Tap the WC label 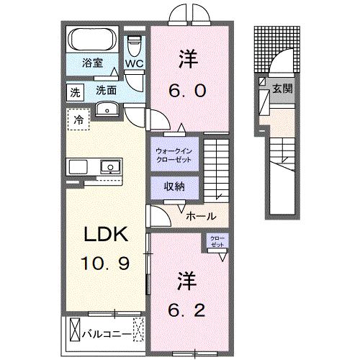pyautogui.click(x=134, y=63)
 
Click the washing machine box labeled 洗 pyautogui.click(x=75, y=91)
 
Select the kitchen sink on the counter pyautogui.click(x=110, y=166)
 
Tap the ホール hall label pyautogui.click(x=199, y=215)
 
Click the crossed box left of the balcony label pyautogui.click(x=75, y=332)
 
